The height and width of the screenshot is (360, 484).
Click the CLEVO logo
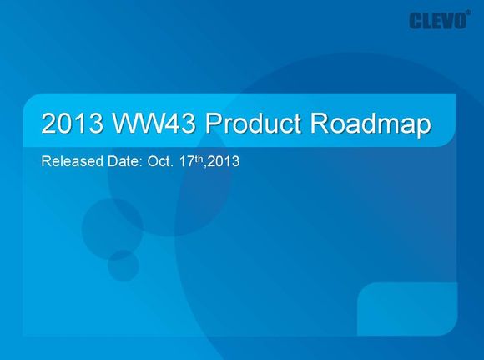pyautogui.click(x=438, y=21)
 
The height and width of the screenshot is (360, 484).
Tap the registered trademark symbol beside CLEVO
pyautogui.click(x=469, y=13)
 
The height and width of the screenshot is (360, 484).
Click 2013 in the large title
pyautogui.click(x=73, y=124)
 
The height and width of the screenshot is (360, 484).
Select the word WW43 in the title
pyautogui.click(x=154, y=124)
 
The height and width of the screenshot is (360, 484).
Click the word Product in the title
pyautogui.click(x=253, y=124)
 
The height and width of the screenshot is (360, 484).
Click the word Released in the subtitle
pyautogui.click(x=73, y=161)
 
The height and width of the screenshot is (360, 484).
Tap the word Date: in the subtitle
pyautogui.click(x=124, y=161)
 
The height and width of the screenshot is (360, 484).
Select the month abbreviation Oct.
pyautogui.click(x=160, y=161)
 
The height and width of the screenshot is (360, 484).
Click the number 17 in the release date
pyautogui.click(x=187, y=161)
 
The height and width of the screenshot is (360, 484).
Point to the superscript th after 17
pyautogui.click(x=199, y=159)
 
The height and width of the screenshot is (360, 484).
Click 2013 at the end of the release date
pyautogui.click(x=224, y=161)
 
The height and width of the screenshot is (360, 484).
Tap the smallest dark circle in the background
pyautogui.click(x=124, y=266)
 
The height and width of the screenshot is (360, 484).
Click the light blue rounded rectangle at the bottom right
pyautogui.click(x=407, y=309)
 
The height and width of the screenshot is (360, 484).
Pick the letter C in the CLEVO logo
pyautogui.click(x=416, y=21)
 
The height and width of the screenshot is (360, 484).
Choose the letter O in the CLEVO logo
pyautogui.click(x=460, y=21)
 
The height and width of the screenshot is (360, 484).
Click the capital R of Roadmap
pyautogui.click(x=319, y=124)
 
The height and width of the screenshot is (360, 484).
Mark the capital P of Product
pyautogui.click(x=214, y=124)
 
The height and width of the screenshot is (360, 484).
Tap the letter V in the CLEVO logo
pyautogui.click(x=446, y=21)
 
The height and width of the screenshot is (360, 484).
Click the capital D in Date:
pyautogui.click(x=112, y=161)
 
